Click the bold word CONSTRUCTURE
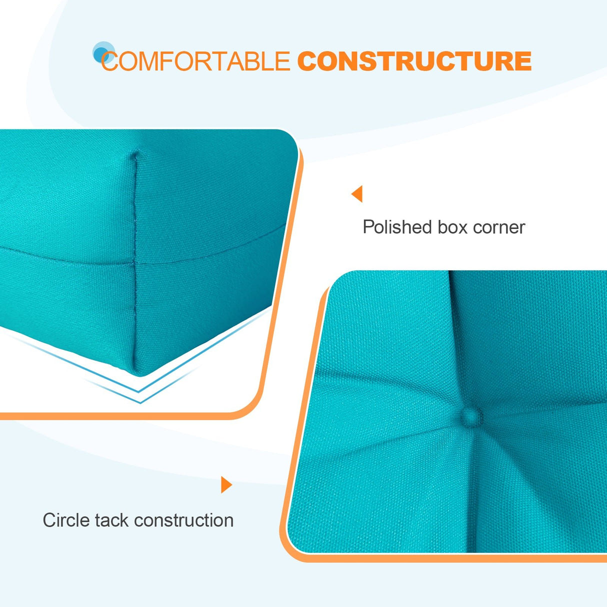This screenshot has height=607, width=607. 414,61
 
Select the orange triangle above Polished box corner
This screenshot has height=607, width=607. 357,193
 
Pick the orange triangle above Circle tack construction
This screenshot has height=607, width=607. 226,484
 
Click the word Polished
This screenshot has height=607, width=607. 397,227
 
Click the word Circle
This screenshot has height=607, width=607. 66,520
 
